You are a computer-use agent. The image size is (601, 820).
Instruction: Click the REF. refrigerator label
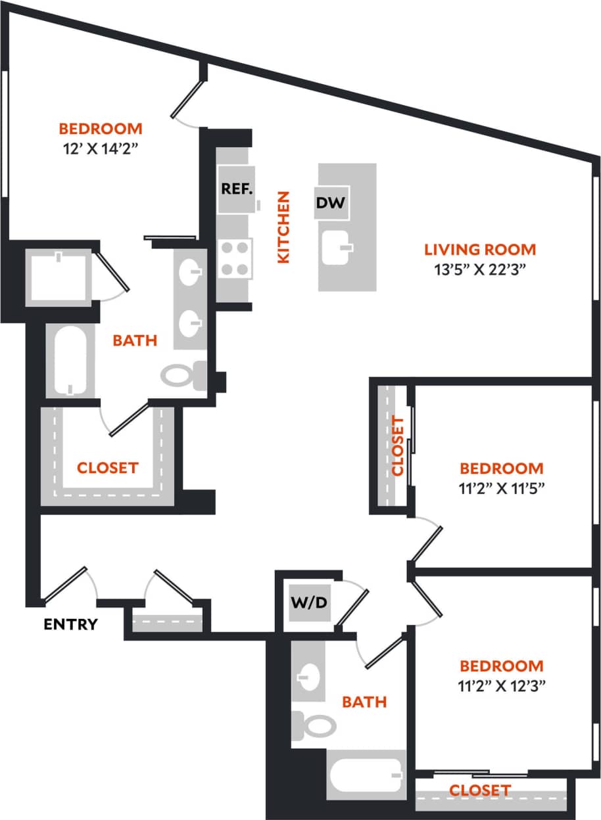[237, 189]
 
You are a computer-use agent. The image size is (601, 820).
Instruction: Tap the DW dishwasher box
[330, 203]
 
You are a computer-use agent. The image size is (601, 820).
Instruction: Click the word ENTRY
[70, 624]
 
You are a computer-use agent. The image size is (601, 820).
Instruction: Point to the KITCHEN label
[283, 227]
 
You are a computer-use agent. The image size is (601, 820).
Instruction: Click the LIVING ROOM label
[480, 250]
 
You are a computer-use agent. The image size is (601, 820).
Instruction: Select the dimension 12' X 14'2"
[101, 147]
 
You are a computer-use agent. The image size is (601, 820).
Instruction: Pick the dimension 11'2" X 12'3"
[502, 685]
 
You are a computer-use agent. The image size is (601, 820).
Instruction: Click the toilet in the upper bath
[180, 376]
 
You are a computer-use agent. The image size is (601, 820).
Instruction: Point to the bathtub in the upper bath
[69, 361]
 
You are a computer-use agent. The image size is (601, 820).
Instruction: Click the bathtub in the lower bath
[366, 775]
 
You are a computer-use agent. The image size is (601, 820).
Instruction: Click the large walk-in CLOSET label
[107, 468]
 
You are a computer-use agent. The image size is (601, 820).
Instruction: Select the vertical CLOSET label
[397, 445]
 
